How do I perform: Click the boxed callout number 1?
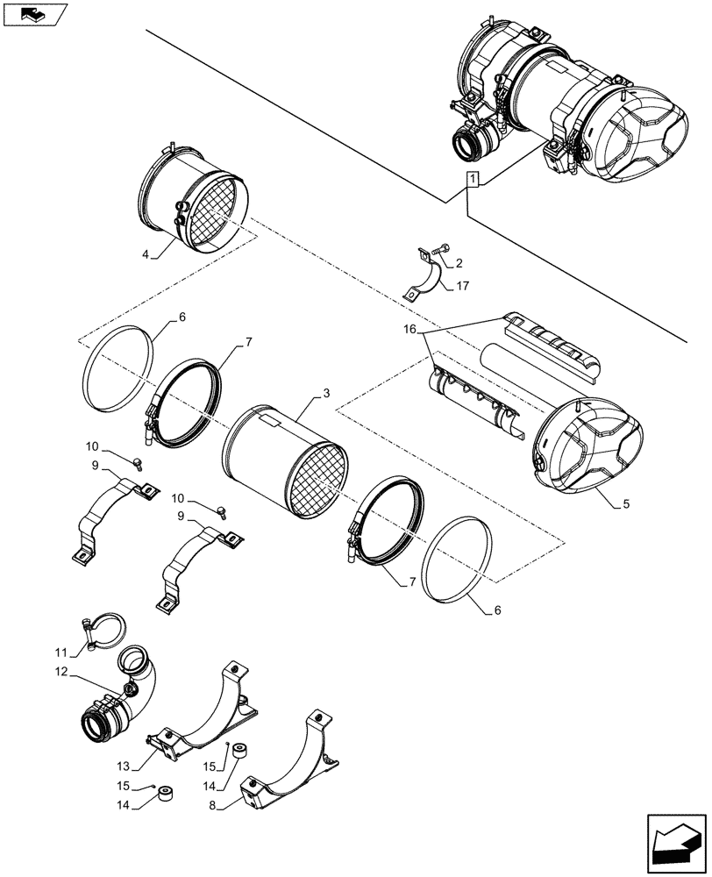[473, 181]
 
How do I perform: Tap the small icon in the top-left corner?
[35, 15]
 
